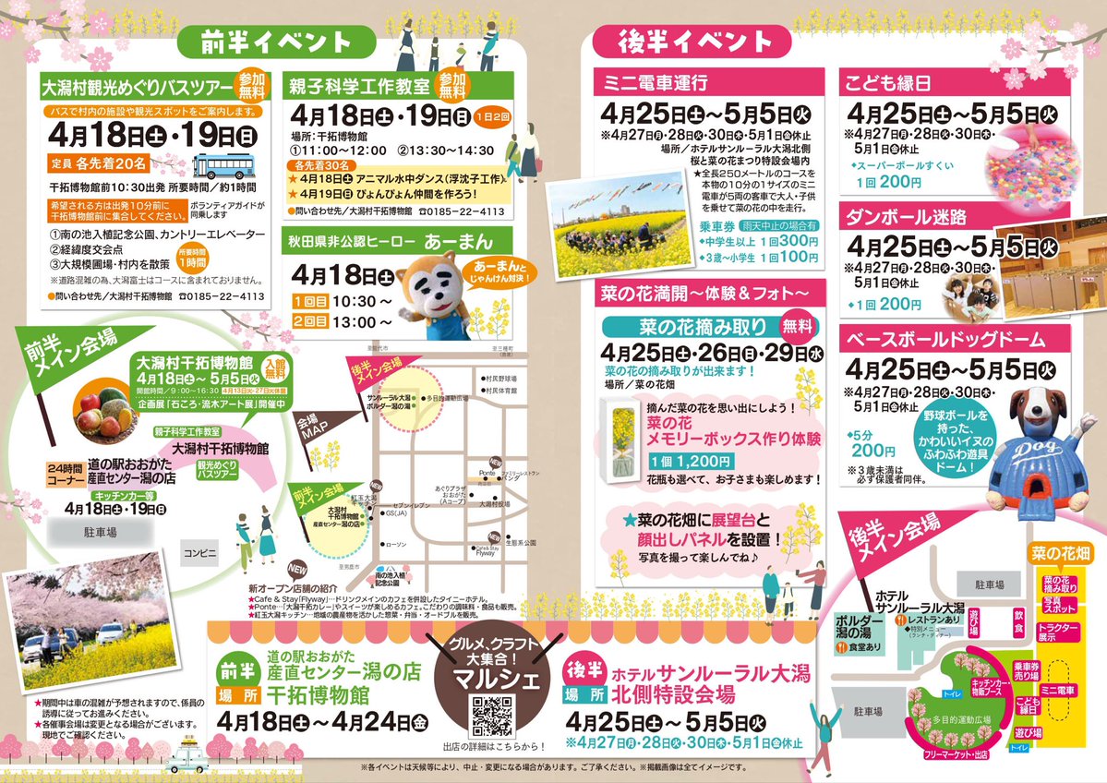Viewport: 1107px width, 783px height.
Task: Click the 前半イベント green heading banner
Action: tap(277, 42)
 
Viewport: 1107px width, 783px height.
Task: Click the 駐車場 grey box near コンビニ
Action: tap(98, 533)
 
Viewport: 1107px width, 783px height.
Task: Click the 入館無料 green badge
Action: tap(276, 367)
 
